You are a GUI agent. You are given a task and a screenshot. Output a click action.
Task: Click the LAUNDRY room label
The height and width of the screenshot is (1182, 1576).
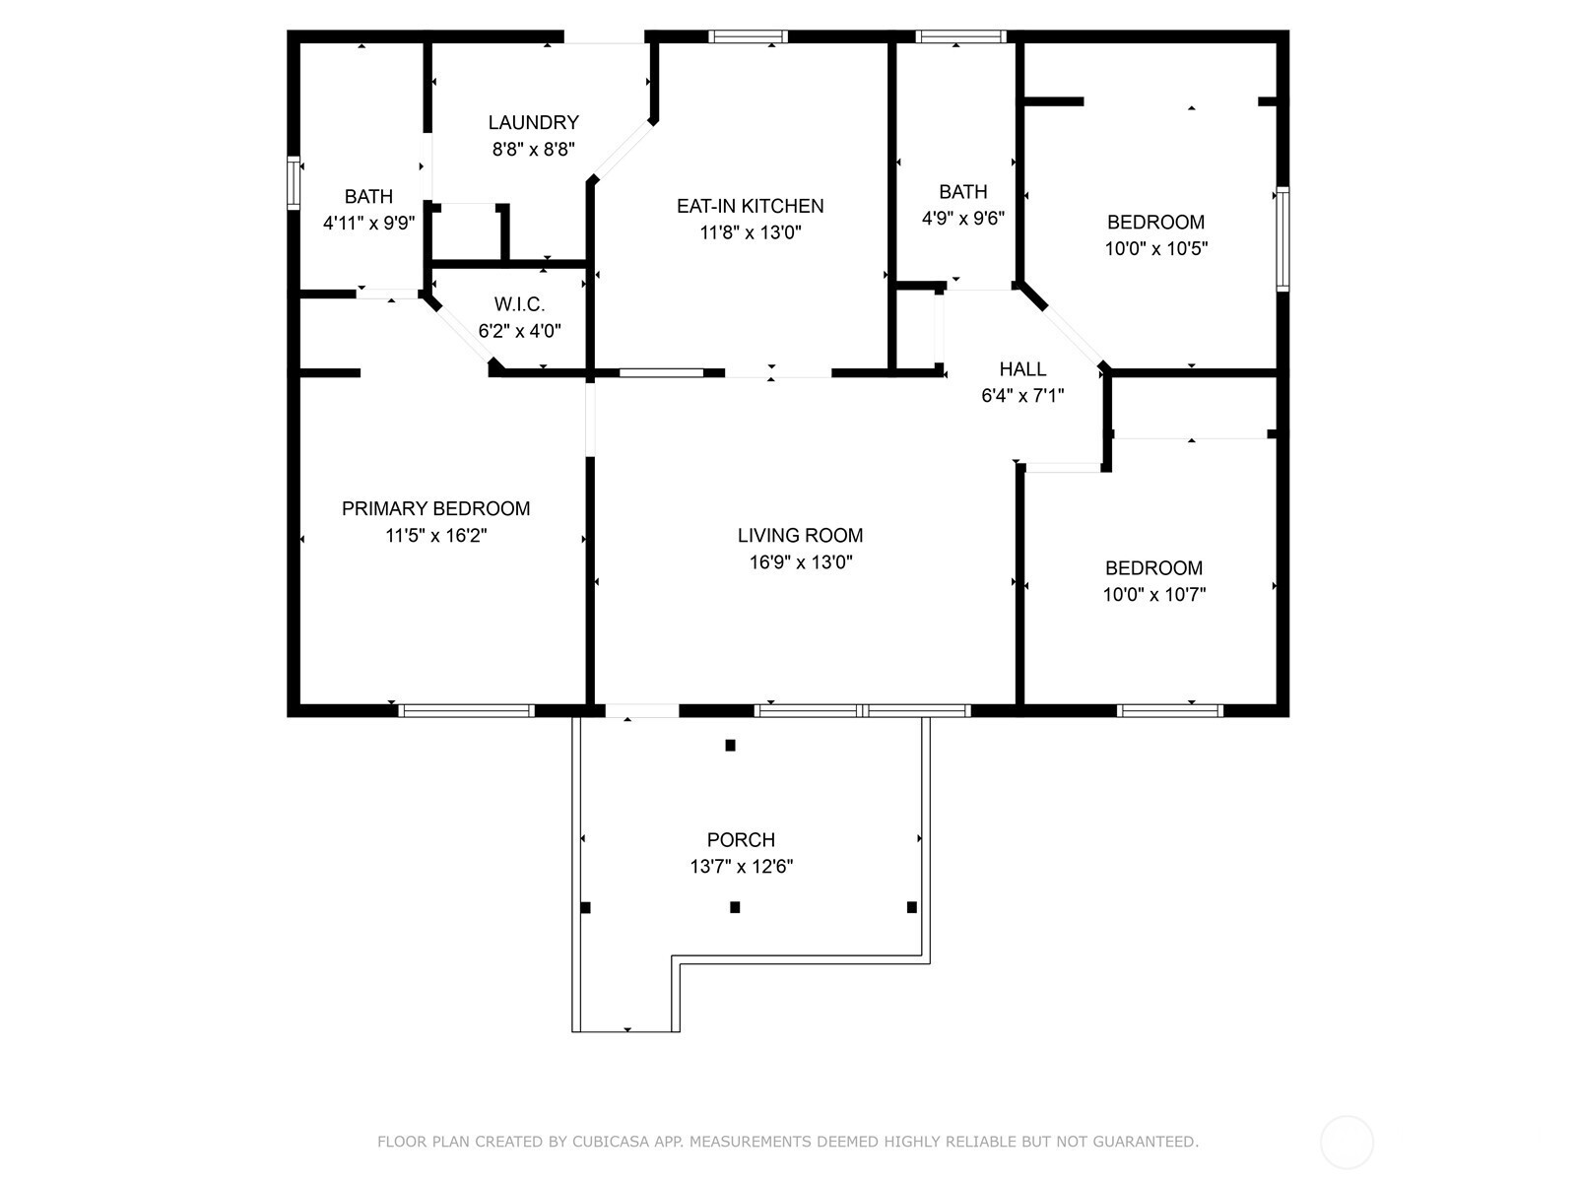pos(533,123)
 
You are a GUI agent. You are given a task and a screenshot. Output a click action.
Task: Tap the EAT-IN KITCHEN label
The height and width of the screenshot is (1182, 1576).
pos(751,207)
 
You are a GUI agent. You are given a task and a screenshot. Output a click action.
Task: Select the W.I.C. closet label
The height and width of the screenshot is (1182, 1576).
pos(519,305)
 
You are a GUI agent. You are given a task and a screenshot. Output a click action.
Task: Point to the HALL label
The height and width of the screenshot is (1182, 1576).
pos(1022,369)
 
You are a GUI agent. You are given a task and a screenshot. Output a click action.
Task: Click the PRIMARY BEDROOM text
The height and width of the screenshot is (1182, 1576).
pos(435,509)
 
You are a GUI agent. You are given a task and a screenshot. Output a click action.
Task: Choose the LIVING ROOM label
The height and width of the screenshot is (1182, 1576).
pos(800,536)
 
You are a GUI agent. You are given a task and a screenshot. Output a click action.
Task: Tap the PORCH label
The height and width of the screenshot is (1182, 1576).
pos(741,839)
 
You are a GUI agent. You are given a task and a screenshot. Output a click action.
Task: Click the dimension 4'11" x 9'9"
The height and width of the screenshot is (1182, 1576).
pos(369,224)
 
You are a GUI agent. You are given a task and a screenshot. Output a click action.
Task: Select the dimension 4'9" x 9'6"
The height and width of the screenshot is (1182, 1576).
pos(962,218)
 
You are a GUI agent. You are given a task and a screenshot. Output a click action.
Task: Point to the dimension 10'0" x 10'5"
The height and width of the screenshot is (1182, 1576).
pos(1156,249)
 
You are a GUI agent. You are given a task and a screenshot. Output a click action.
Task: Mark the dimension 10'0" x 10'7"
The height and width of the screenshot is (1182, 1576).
pos(1154,595)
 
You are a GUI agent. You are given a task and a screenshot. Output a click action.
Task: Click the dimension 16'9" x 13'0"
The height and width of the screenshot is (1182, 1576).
pos(801,561)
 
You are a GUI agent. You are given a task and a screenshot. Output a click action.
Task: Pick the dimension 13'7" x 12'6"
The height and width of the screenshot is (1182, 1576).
pos(741,867)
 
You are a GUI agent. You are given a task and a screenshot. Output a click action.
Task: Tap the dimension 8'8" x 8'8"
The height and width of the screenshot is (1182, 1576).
pos(534,150)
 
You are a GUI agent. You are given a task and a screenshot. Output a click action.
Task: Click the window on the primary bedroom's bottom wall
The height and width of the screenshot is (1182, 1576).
pos(467,710)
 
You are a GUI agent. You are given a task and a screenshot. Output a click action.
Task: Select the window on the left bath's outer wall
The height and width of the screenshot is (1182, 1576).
pos(293,183)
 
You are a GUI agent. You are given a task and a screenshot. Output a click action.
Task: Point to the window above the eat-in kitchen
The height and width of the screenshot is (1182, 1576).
pos(749,36)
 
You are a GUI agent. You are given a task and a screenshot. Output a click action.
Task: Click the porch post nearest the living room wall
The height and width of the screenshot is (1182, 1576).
pos(730,745)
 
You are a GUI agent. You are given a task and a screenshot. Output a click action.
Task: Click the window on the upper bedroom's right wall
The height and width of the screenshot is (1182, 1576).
pos(1282,239)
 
